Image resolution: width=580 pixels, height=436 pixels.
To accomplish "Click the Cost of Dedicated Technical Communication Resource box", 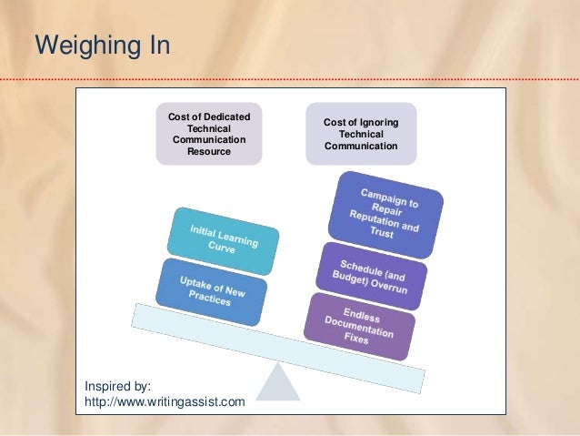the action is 209,134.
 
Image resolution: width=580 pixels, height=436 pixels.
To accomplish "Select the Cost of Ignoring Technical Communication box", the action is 361,134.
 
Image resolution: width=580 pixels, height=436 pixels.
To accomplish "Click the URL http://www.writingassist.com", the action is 165,401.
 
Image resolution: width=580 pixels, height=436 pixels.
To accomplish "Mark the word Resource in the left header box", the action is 209,152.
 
